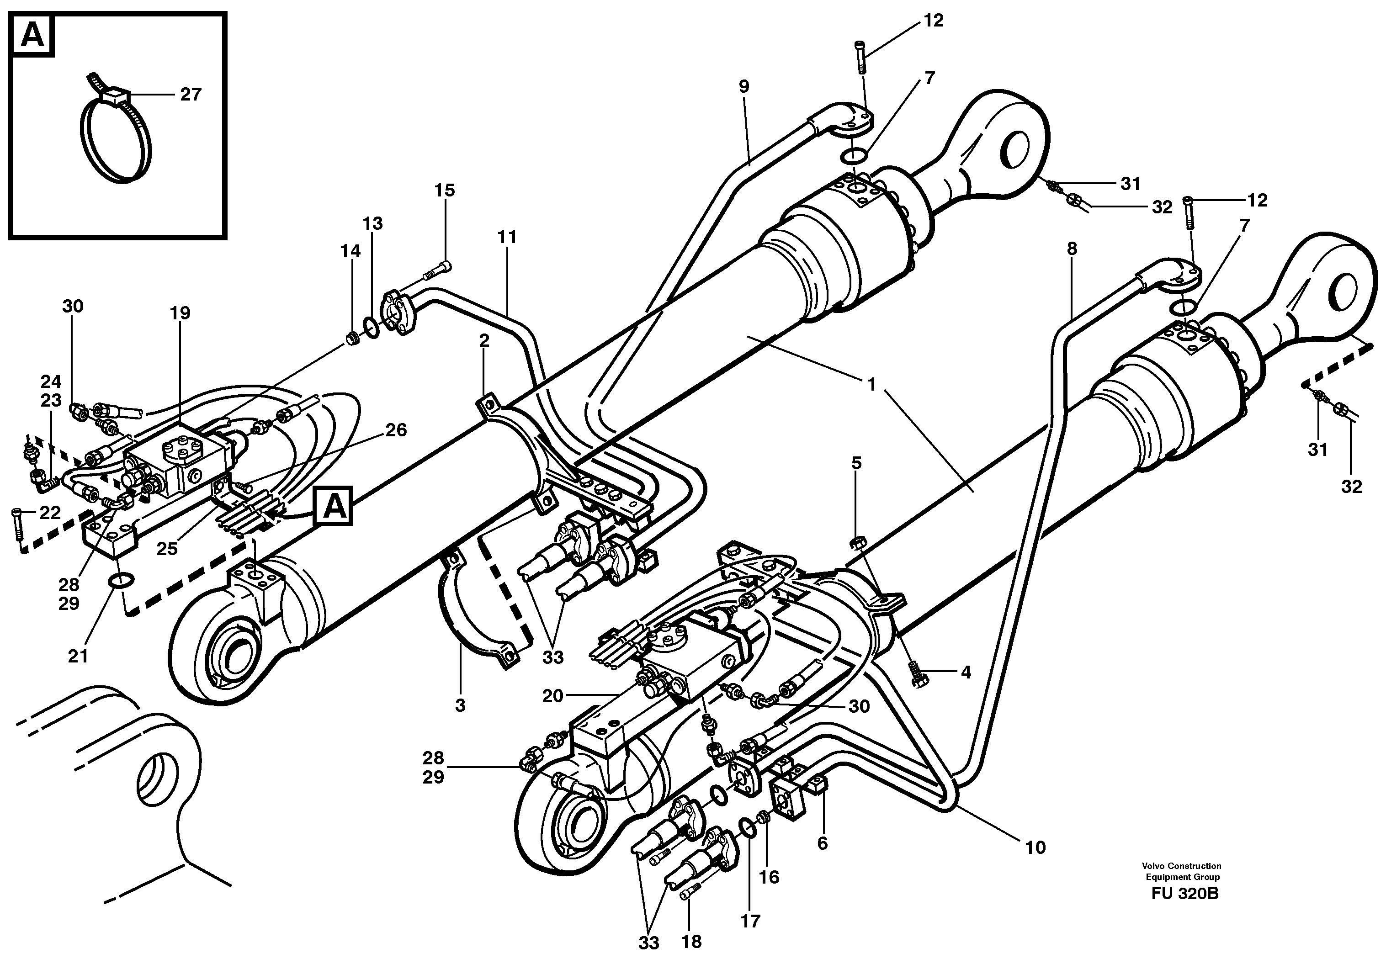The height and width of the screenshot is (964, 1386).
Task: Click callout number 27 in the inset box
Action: (190, 95)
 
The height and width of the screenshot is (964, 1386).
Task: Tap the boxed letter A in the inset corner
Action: (32, 36)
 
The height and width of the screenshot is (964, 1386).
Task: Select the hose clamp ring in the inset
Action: (117, 142)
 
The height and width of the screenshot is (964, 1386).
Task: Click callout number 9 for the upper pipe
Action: (743, 87)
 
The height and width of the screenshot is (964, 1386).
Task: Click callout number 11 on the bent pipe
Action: (507, 237)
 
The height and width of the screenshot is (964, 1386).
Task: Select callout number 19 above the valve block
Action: (180, 313)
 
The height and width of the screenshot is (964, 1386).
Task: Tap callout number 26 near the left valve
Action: (396, 430)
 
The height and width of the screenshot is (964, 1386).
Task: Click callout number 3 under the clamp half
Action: (460, 705)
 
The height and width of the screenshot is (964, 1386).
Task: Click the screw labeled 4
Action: (918, 673)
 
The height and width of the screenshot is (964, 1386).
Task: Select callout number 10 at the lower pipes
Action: (1036, 847)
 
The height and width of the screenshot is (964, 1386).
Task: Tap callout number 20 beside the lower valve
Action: (552, 696)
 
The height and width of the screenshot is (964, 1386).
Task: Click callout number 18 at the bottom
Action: (691, 941)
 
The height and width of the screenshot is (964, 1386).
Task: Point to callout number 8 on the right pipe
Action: (1072, 249)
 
